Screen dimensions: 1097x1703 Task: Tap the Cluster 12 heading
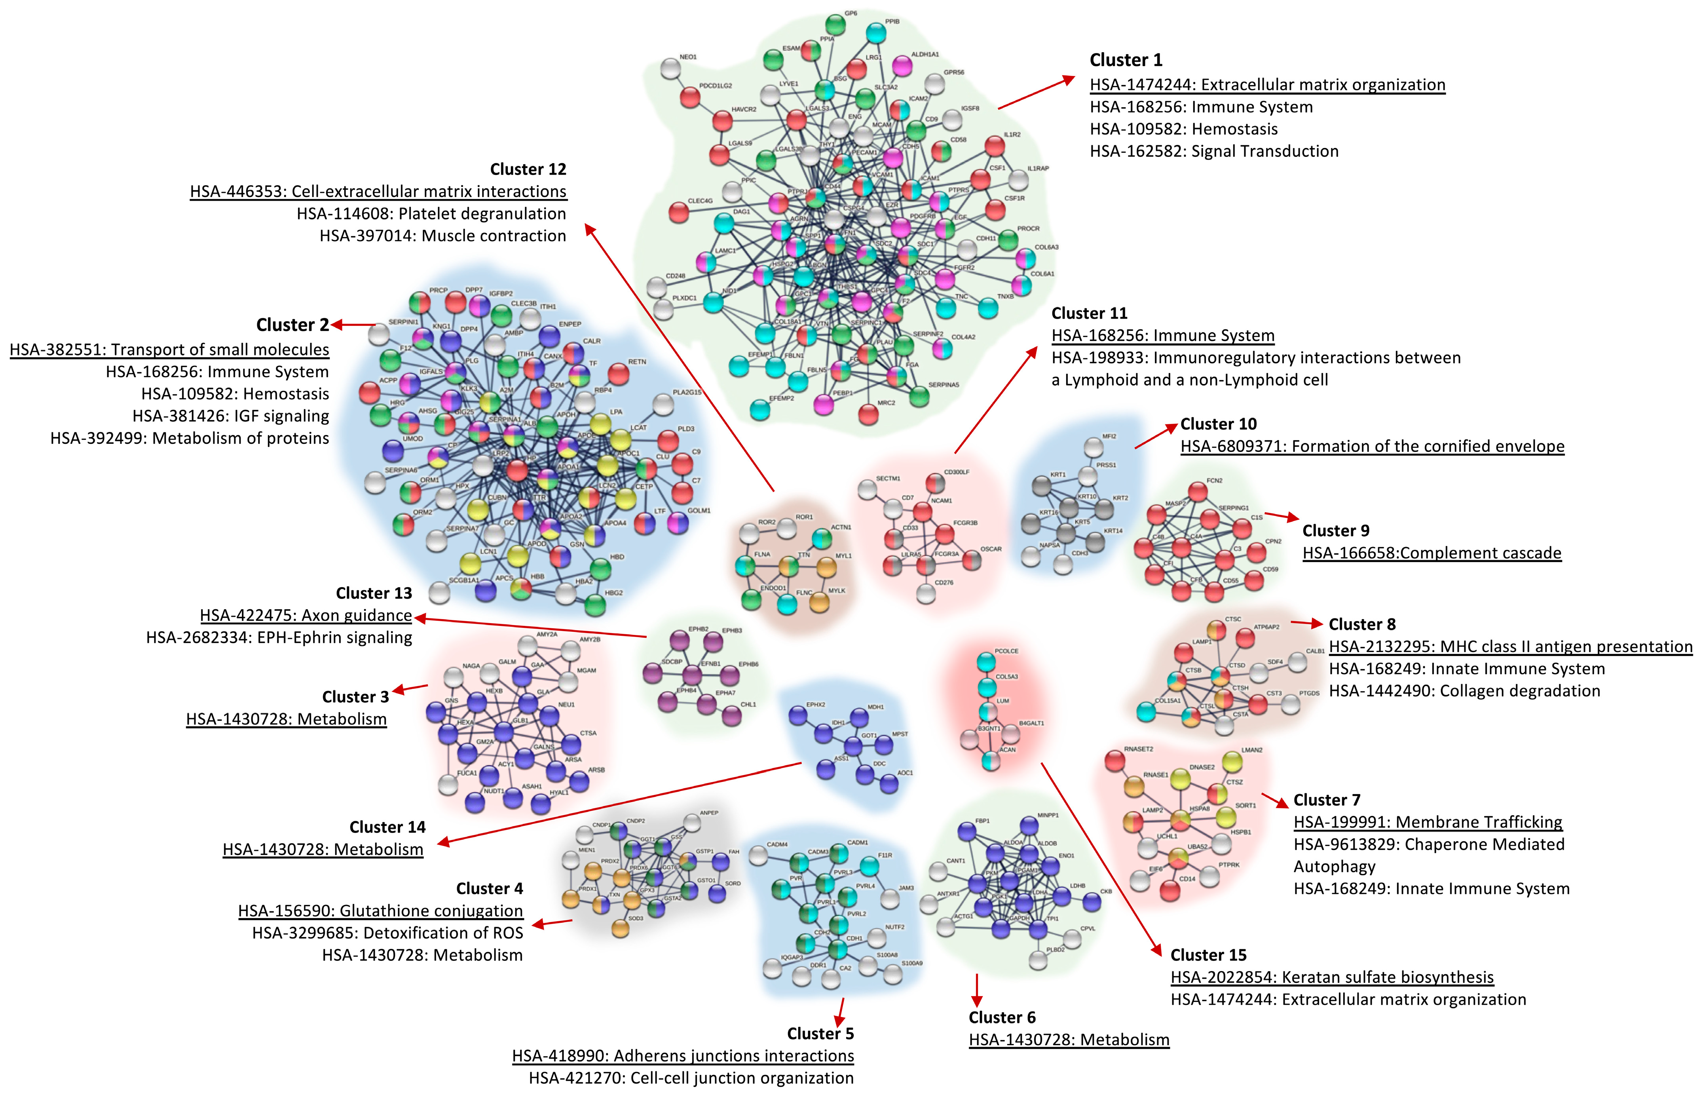click(x=528, y=169)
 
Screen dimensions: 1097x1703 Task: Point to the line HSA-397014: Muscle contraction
click(x=442, y=236)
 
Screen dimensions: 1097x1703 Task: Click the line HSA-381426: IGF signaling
click(x=231, y=416)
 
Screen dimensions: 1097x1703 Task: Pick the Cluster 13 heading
click(x=374, y=593)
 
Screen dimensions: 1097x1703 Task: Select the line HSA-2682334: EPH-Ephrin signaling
click(x=279, y=637)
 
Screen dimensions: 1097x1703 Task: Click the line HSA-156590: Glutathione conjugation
click(x=380, y=911)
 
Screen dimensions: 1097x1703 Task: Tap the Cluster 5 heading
click(x=820, y=1034)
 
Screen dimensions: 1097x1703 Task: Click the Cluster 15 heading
click(x=1208, y=955)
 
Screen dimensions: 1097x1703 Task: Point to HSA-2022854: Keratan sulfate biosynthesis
click(x=1331, y=977)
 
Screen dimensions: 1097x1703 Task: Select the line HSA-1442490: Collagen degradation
click(x=1464, y=691)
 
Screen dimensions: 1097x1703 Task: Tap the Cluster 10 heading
click(x=1218, y=424)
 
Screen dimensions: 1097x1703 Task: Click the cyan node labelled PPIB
click(x=876, y=33)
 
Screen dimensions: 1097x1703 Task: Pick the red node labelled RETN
click(x=618, y=373)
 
